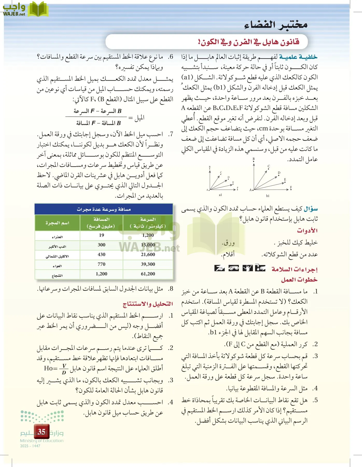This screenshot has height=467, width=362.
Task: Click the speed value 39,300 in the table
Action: pos(148,264)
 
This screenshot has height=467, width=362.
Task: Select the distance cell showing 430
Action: pos(101,255)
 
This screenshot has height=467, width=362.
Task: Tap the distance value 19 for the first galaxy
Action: pos(101,235)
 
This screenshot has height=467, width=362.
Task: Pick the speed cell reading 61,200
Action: pos(148,274)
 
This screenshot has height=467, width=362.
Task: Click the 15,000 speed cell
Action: pos(148,245)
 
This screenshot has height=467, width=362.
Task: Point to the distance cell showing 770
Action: pos(101,264)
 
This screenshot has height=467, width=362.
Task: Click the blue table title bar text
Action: pos(104,209)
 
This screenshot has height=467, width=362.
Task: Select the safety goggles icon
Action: pos(234,268)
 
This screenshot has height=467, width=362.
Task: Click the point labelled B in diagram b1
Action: pos(254,159)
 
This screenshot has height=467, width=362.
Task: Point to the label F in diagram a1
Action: pos(238,188)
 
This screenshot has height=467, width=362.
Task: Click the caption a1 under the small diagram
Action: pos(220,195)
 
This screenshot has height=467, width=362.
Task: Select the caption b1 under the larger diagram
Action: pos(268,196)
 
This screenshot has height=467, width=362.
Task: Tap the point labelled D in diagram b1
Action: pos(279,173)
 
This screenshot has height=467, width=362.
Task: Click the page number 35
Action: pos(41,432)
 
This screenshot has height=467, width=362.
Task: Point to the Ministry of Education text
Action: pos(42,441)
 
